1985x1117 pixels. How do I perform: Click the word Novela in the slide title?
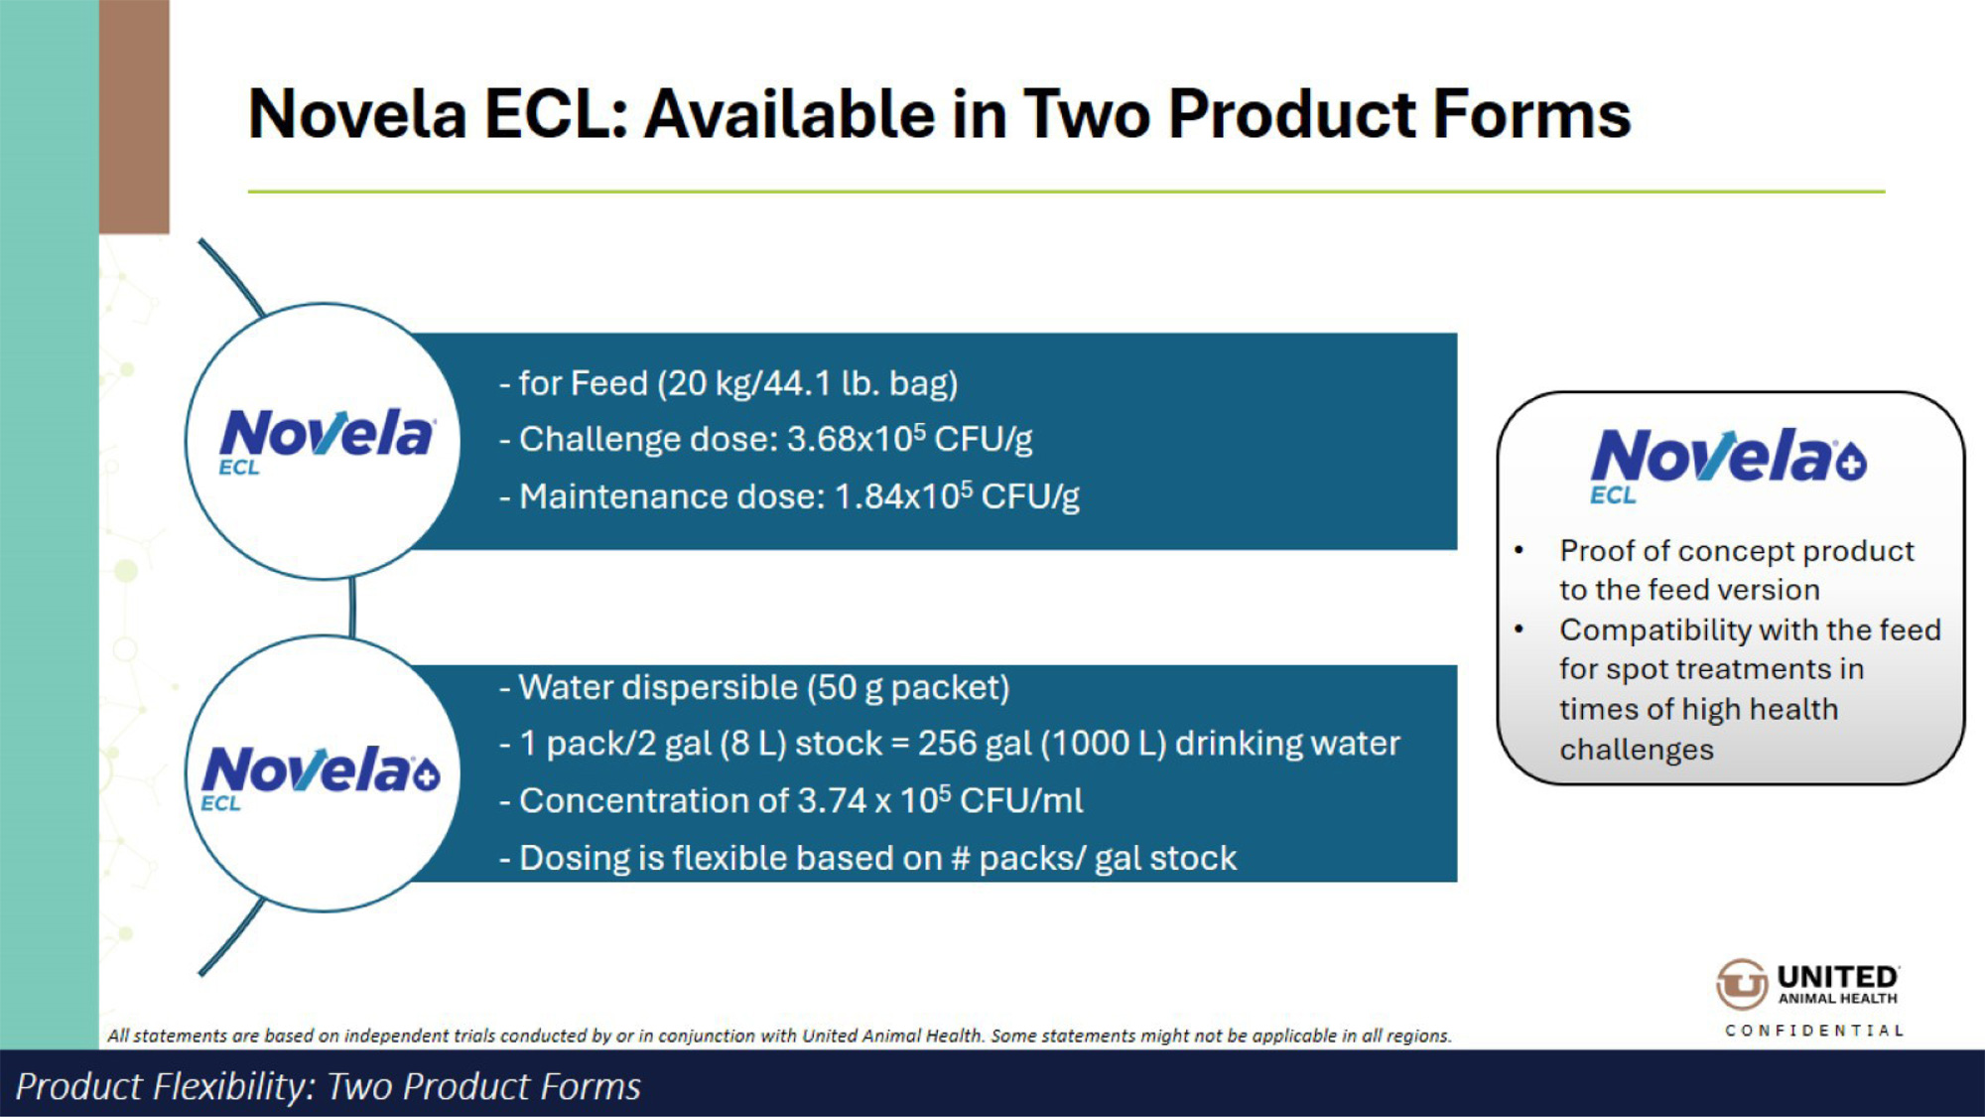(357, 113)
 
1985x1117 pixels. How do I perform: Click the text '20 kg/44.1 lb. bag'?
(808, 383)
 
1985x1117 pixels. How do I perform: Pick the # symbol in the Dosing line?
(960, 858)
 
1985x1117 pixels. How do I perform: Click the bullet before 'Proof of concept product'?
(1519, 550)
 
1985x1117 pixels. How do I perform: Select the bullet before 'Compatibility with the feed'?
(1519, 629)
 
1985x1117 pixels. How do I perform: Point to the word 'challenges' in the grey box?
(1637, 749)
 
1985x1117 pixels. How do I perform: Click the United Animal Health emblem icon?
(1742, 984)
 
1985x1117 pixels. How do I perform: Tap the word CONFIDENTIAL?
(1814, 1031)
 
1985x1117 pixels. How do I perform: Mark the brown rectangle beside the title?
(134, 116)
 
